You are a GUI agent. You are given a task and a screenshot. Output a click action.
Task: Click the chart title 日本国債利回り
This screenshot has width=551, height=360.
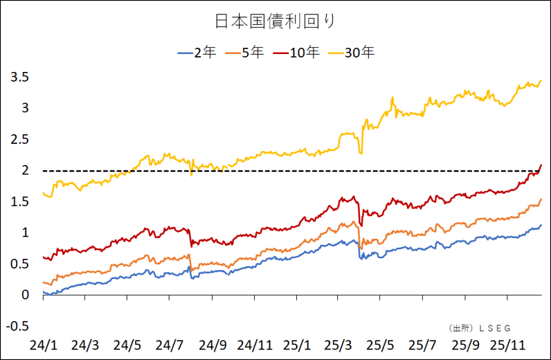point(275,21)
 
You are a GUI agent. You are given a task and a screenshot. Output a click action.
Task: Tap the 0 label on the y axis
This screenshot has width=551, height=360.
point(25,295)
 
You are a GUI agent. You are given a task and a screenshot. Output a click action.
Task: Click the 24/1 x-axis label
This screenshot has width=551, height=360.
point(43,343)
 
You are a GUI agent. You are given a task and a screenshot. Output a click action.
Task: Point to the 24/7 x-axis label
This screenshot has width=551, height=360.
point(170,343)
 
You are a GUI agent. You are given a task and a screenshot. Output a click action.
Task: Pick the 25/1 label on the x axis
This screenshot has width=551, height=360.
point(297,343)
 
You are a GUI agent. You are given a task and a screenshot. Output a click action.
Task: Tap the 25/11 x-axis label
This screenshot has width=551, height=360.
point(508,343)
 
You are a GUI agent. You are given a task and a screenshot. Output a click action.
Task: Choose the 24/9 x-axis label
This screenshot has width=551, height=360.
point(213,343)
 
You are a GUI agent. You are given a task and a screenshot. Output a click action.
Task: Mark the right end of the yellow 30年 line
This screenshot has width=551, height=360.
point(541,81)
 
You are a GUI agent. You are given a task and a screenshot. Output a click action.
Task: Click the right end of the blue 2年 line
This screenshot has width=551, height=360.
point(541,225)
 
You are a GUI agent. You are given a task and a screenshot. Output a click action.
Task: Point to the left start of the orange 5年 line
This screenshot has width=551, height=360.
point(43,282)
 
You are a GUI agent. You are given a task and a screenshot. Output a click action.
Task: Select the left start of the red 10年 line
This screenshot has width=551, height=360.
point(43,257)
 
